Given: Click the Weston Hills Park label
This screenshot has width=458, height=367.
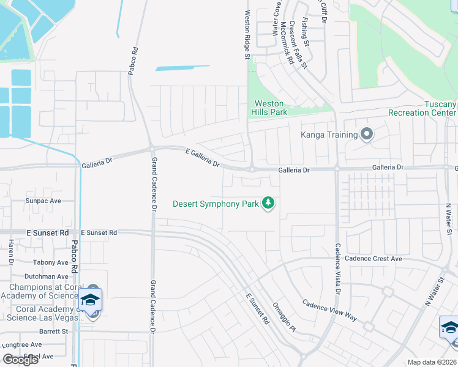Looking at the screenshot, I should pos(269,108).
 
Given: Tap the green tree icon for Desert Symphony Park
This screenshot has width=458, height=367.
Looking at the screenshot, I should pos(268,202).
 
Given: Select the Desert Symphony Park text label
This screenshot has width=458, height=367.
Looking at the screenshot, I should pos(216,204).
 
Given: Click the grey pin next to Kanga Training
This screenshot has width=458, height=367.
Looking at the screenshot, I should pos(367,134).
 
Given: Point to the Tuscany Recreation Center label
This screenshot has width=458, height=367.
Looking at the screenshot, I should pos(422,108).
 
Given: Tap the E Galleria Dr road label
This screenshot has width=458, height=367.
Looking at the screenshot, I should pos(202,157).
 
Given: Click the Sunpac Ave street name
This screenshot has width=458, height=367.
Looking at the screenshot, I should pos(43,201).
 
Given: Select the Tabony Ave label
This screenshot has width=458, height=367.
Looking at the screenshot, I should pos(51,262).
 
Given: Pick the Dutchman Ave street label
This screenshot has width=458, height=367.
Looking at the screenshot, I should pos(47,276).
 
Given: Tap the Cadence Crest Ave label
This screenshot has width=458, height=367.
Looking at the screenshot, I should pos(373,259).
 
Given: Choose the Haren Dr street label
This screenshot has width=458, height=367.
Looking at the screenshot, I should pos(11,252).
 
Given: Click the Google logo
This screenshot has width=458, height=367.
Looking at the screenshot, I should pos(20,359).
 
